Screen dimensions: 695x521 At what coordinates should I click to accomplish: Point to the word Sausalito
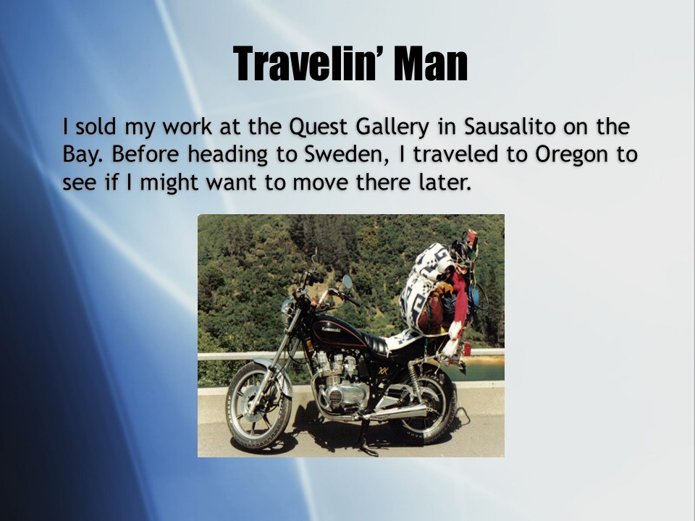[x=510, y=127]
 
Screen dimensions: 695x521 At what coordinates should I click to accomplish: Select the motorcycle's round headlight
[x=287, y=310]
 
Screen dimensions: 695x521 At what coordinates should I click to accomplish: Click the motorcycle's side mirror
[x=347, y=281]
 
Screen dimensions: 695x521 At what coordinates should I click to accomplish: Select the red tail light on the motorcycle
[x=467, y=349]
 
